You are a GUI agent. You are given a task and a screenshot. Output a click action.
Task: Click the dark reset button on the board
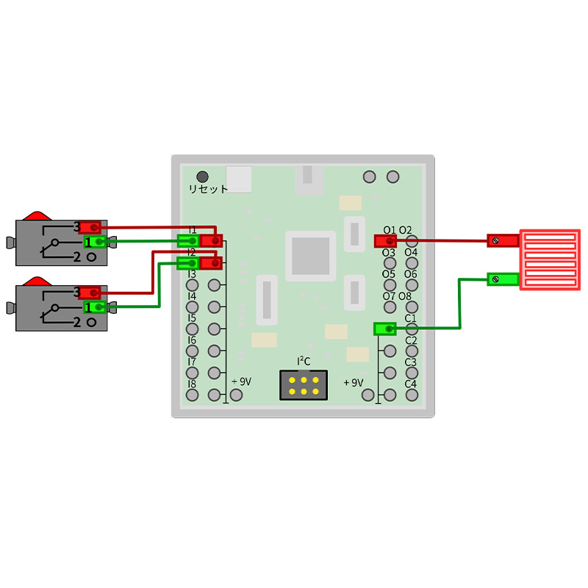pos(202,176)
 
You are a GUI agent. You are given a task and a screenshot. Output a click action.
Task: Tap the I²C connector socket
pos(304,385)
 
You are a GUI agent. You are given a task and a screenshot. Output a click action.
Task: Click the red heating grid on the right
pos(550,259)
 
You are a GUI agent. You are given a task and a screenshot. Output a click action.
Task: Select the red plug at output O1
pos(385,241)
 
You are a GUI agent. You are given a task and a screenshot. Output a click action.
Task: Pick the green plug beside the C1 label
pos(384,329)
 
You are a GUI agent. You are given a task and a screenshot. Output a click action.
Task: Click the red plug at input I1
pos(212,240)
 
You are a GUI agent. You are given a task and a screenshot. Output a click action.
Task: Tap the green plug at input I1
pos(188,240)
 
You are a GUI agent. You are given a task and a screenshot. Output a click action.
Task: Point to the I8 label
pos(192,384)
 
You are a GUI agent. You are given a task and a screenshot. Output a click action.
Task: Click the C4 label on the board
pos(411,384)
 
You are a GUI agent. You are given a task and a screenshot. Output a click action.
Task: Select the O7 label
pos(389,296)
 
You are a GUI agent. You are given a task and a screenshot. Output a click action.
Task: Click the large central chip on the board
pos(310,256)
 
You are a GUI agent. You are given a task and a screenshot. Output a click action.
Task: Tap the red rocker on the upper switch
pos(35,216)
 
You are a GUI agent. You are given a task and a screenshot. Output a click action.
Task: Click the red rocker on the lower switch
pos(35,281)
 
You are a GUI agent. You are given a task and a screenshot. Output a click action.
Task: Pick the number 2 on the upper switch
pos(76,257)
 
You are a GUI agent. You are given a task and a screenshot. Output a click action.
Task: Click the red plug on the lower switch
pos(90,293)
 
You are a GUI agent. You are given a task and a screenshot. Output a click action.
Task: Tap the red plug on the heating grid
pos(502,240)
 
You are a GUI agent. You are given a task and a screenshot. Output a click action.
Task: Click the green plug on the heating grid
pos(502,279)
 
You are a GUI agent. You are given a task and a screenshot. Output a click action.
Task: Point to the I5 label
pos(192,318)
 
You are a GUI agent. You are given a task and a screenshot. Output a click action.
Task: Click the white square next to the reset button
pos(239,179)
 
